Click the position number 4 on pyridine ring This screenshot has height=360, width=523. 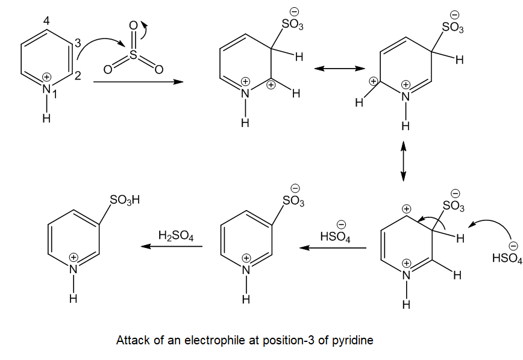point(46,21)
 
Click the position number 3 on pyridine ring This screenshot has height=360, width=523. point(77,43)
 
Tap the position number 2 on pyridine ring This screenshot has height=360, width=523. point(77,76)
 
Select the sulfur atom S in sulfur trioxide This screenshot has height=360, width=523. point(133,55)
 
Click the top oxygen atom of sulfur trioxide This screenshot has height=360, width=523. point(133,25)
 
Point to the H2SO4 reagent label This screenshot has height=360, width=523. point(176,236)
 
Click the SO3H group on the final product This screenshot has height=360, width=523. point(125,200)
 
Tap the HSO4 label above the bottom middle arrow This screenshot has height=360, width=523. point(335,237)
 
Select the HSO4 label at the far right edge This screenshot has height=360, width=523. point(507,258)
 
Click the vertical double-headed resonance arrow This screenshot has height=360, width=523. point(403,161)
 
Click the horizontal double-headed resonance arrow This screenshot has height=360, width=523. point(340,69)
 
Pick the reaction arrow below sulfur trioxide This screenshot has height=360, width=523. point(139,82)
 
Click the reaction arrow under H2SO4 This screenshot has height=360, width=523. point(172,246)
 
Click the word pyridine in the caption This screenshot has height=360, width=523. point(352,340)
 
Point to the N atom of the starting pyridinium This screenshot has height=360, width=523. point(46,88)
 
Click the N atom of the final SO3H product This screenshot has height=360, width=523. point(73,269)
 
